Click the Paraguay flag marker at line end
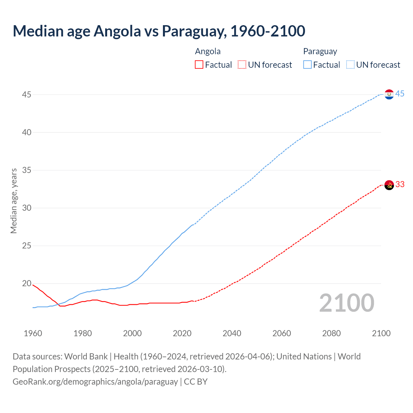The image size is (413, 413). click(x=389, y=94)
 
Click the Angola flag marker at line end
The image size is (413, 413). click(x=389, y=185)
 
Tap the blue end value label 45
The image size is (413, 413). click(x=400, y=94)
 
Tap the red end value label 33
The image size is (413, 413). click(x=400, y=184)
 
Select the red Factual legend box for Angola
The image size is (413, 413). click(x=199, y=65)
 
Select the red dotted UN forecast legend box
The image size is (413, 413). click(x=242, y=65)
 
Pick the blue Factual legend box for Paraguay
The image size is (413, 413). click(x=307, y=65)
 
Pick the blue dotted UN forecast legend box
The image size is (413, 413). click(x=350, y=65)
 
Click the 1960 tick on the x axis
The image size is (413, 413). click(x=33, y=333)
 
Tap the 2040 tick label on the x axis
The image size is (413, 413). click(x=232, y=333)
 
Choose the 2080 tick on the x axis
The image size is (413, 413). click(x=331, y=333)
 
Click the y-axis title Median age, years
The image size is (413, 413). click(x=14, y=201)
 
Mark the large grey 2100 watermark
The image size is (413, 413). click(x=347, y=303)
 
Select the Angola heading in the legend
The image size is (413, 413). click(x=208, y=51)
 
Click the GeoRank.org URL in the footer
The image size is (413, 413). click(x=95, y=382)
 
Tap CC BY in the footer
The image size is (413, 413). click(x=196, y=382)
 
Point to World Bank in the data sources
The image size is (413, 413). click(x=86, y=357)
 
